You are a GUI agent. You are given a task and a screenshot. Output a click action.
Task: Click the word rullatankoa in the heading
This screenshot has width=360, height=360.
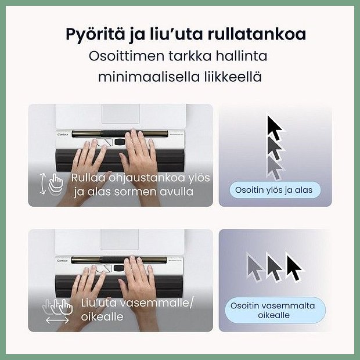point(257,34)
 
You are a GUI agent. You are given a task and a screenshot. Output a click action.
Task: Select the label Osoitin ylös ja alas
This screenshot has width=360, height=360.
point(274,190)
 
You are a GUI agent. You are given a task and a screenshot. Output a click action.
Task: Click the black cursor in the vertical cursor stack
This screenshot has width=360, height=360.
point(275,128)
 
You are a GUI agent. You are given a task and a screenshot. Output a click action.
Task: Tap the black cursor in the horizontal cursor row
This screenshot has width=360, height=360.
point(294,267)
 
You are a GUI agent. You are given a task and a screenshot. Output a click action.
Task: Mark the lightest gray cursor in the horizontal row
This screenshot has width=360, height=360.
point(255,267)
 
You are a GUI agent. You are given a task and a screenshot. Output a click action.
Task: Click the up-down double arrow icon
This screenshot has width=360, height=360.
point(42,184)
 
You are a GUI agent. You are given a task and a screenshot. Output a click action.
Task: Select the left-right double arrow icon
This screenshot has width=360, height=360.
point(57,320)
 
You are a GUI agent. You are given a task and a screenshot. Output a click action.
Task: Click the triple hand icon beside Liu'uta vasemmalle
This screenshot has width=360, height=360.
point(58,307)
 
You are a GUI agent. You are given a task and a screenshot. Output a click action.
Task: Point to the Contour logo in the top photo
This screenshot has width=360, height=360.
point(63,135)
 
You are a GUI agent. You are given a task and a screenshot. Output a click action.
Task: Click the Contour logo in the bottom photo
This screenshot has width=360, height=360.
point(62,261)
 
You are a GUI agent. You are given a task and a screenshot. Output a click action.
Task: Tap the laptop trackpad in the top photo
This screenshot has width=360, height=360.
point(121,114)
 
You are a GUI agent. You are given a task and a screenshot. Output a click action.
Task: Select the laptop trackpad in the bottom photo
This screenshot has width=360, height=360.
point(120,239)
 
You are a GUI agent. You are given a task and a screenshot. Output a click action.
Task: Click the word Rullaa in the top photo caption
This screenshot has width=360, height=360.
point(88,178)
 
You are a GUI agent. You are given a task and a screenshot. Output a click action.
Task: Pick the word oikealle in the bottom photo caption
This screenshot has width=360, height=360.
point(102,317)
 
